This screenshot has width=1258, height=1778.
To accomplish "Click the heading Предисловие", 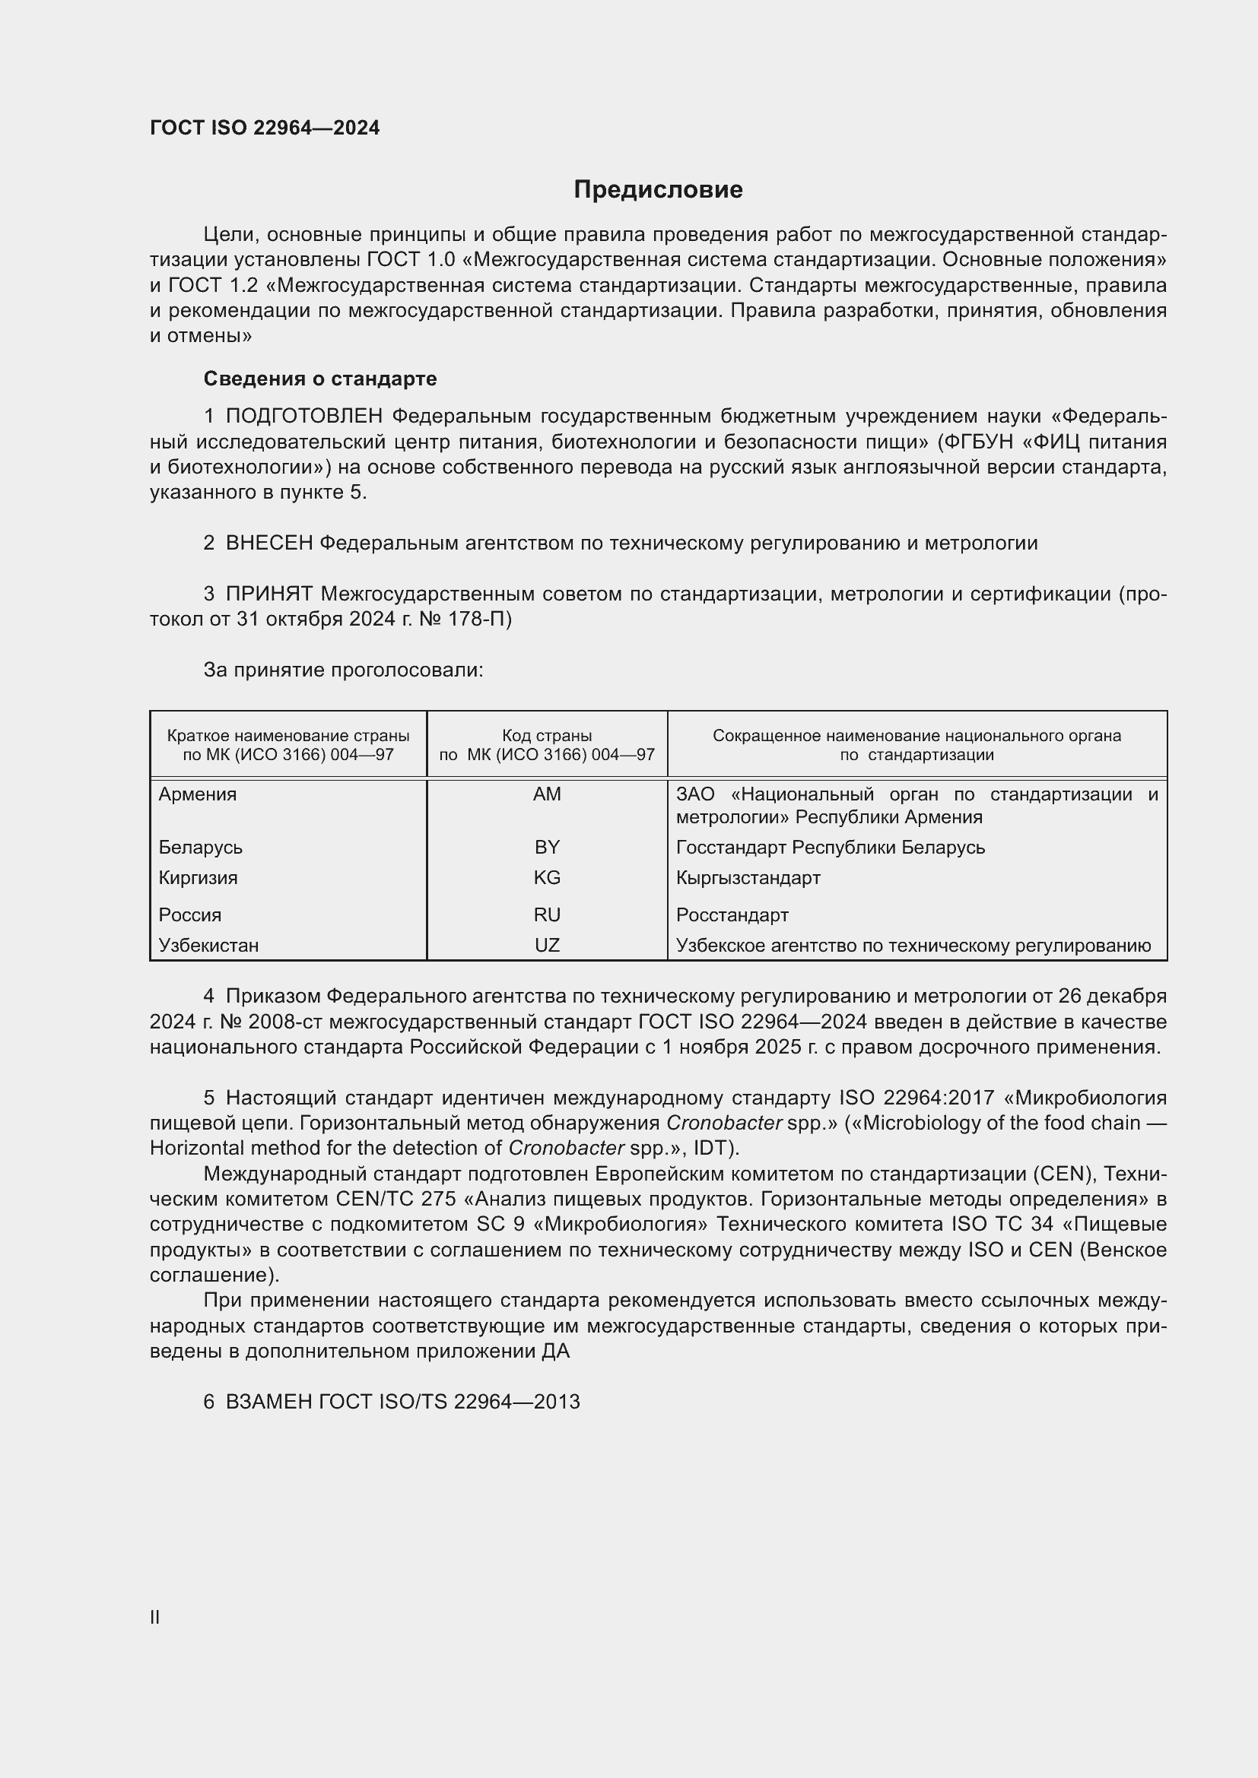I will (x=658, y=190).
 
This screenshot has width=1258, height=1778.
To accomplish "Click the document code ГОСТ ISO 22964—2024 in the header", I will (x=265, y=128).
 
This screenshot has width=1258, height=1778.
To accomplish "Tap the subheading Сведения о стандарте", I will (x=320, y=379).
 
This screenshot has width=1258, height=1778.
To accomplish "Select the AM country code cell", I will (x=547, y=794).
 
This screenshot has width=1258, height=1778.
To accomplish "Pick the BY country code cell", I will (x=547, y=847).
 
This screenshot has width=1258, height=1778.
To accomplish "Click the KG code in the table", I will (x=547, y=877).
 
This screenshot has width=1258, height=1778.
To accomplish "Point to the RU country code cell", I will (x=547, y=914).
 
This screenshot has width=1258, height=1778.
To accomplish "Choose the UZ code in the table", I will (x=547, y=945).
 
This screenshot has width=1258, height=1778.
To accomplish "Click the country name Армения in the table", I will (x=198, y=794).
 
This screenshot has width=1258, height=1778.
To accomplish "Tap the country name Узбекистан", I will (x=208, y=945).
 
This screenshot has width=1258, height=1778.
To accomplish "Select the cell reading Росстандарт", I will (x=732, y=914).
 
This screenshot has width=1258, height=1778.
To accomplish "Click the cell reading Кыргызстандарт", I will (x=748, y=877).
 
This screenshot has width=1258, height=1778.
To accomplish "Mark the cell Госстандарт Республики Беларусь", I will (x=830, y=847).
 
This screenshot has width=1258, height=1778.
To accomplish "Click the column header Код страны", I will (x=547, y=736).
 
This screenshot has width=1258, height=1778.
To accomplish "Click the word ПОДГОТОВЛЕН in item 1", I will (x=303, y=417).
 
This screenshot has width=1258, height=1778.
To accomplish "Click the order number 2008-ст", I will (x=281, y=1022).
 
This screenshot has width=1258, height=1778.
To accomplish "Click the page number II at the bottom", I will (x=155, y=1618).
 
